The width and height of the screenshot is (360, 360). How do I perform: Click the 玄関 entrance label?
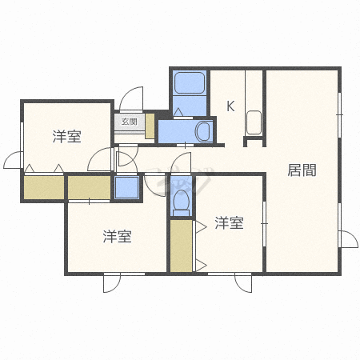129,122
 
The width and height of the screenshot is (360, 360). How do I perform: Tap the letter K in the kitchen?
230,106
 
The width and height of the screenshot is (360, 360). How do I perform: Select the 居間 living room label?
302,170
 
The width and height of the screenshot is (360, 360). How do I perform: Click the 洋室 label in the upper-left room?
66,136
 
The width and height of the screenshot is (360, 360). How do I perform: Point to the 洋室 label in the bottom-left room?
118,236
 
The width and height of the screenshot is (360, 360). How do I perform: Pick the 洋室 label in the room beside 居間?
230,223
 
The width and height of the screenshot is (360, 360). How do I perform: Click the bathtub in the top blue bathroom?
190,82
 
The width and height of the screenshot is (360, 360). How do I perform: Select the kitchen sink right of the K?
254,122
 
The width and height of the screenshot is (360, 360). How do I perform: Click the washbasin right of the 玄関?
204,131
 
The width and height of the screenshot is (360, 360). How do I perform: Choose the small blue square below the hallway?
127,187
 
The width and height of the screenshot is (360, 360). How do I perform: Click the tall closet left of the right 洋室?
182,246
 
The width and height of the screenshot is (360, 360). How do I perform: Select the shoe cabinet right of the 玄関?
150,126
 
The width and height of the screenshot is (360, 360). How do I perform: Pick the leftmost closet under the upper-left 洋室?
44,187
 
